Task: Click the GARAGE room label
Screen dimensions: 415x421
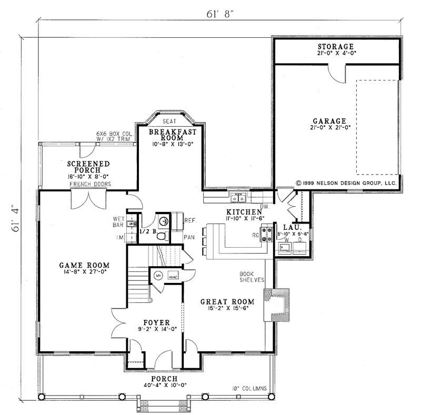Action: pos(335,120)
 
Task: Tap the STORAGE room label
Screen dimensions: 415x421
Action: pos(335,47)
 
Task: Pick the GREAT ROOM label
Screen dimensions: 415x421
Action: pos(228,302)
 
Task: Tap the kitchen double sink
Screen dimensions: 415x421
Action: pos(238,198)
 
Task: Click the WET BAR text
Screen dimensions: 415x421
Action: pos(118,222)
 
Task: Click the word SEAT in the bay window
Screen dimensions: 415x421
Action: pos(169,121)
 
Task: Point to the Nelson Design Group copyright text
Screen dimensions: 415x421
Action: pos(345,184)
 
